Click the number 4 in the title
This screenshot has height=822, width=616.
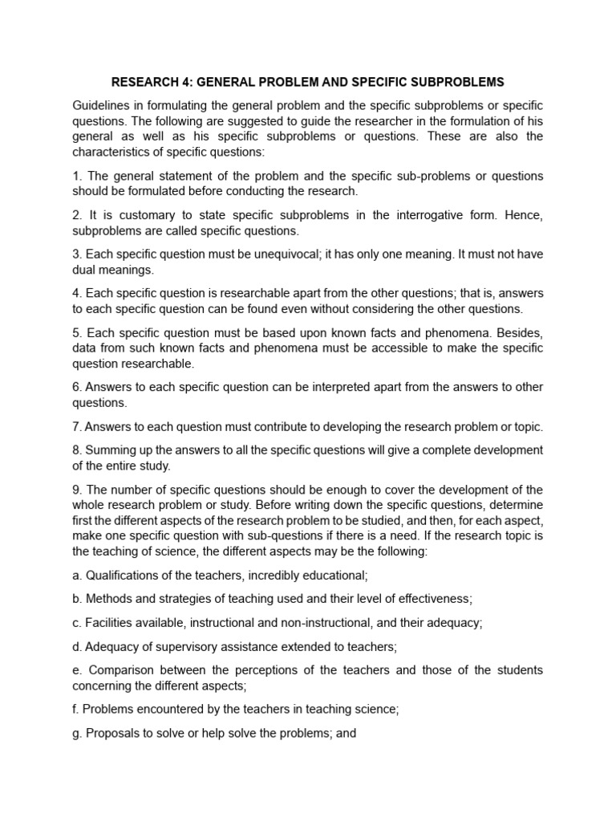[x=185, y=82]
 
